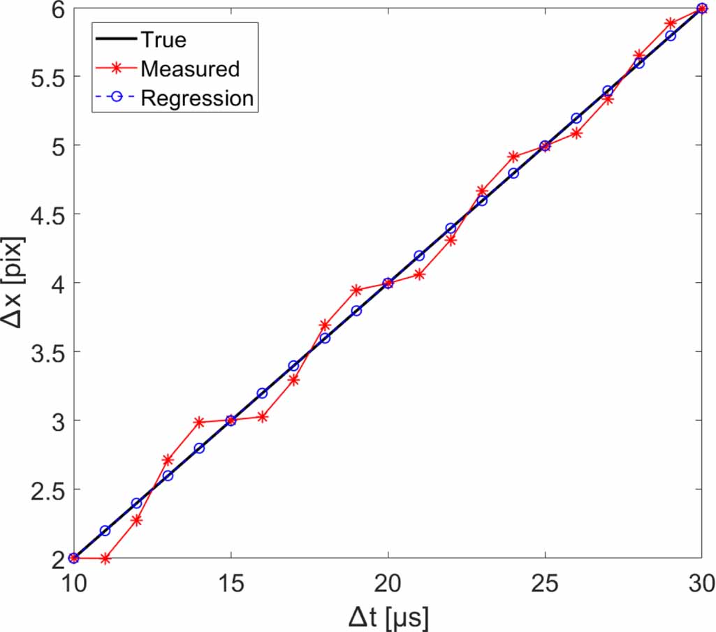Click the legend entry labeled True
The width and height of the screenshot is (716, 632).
(x=163, y=40)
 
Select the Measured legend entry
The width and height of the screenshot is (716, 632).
(x=189, y=68)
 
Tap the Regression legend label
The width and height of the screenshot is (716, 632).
(x=196, y=98)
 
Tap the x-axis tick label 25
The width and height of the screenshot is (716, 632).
(x=545, y=582)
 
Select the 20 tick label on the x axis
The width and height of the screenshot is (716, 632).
(x=388, y=582)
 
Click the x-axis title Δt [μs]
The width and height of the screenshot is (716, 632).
(x=388, y=616)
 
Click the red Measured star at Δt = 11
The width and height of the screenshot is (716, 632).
(x=105, y=559)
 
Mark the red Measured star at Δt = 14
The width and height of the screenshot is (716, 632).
(x=199, y=422)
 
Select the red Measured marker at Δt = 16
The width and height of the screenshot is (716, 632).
(x=262, y=417)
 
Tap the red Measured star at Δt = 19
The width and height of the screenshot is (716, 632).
(x=356, y=290)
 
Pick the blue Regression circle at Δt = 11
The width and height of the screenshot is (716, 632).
(x=105, y=531)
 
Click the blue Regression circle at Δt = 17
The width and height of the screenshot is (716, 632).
(x=293, y=366)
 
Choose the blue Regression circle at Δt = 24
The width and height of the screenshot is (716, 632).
(x=513, y=173)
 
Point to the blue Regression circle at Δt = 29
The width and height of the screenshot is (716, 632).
(x=671, y=36)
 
